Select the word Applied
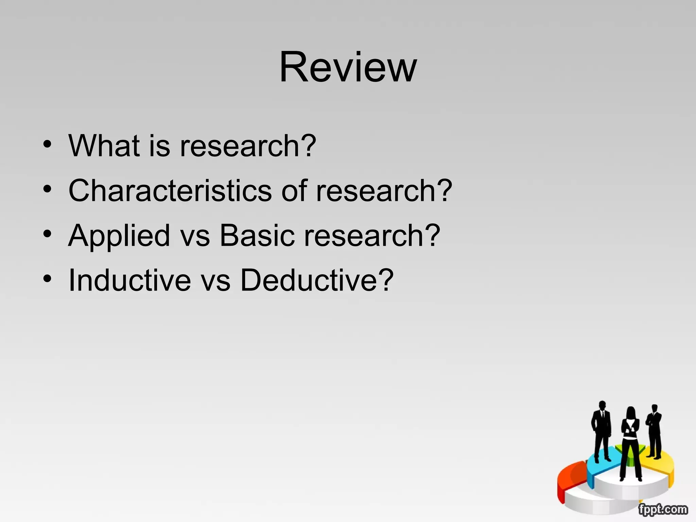(119, 236)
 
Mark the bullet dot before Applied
(48, 234)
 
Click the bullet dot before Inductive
(48, 279)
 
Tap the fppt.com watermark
(663, 509)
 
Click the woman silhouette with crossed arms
(630, 442)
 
